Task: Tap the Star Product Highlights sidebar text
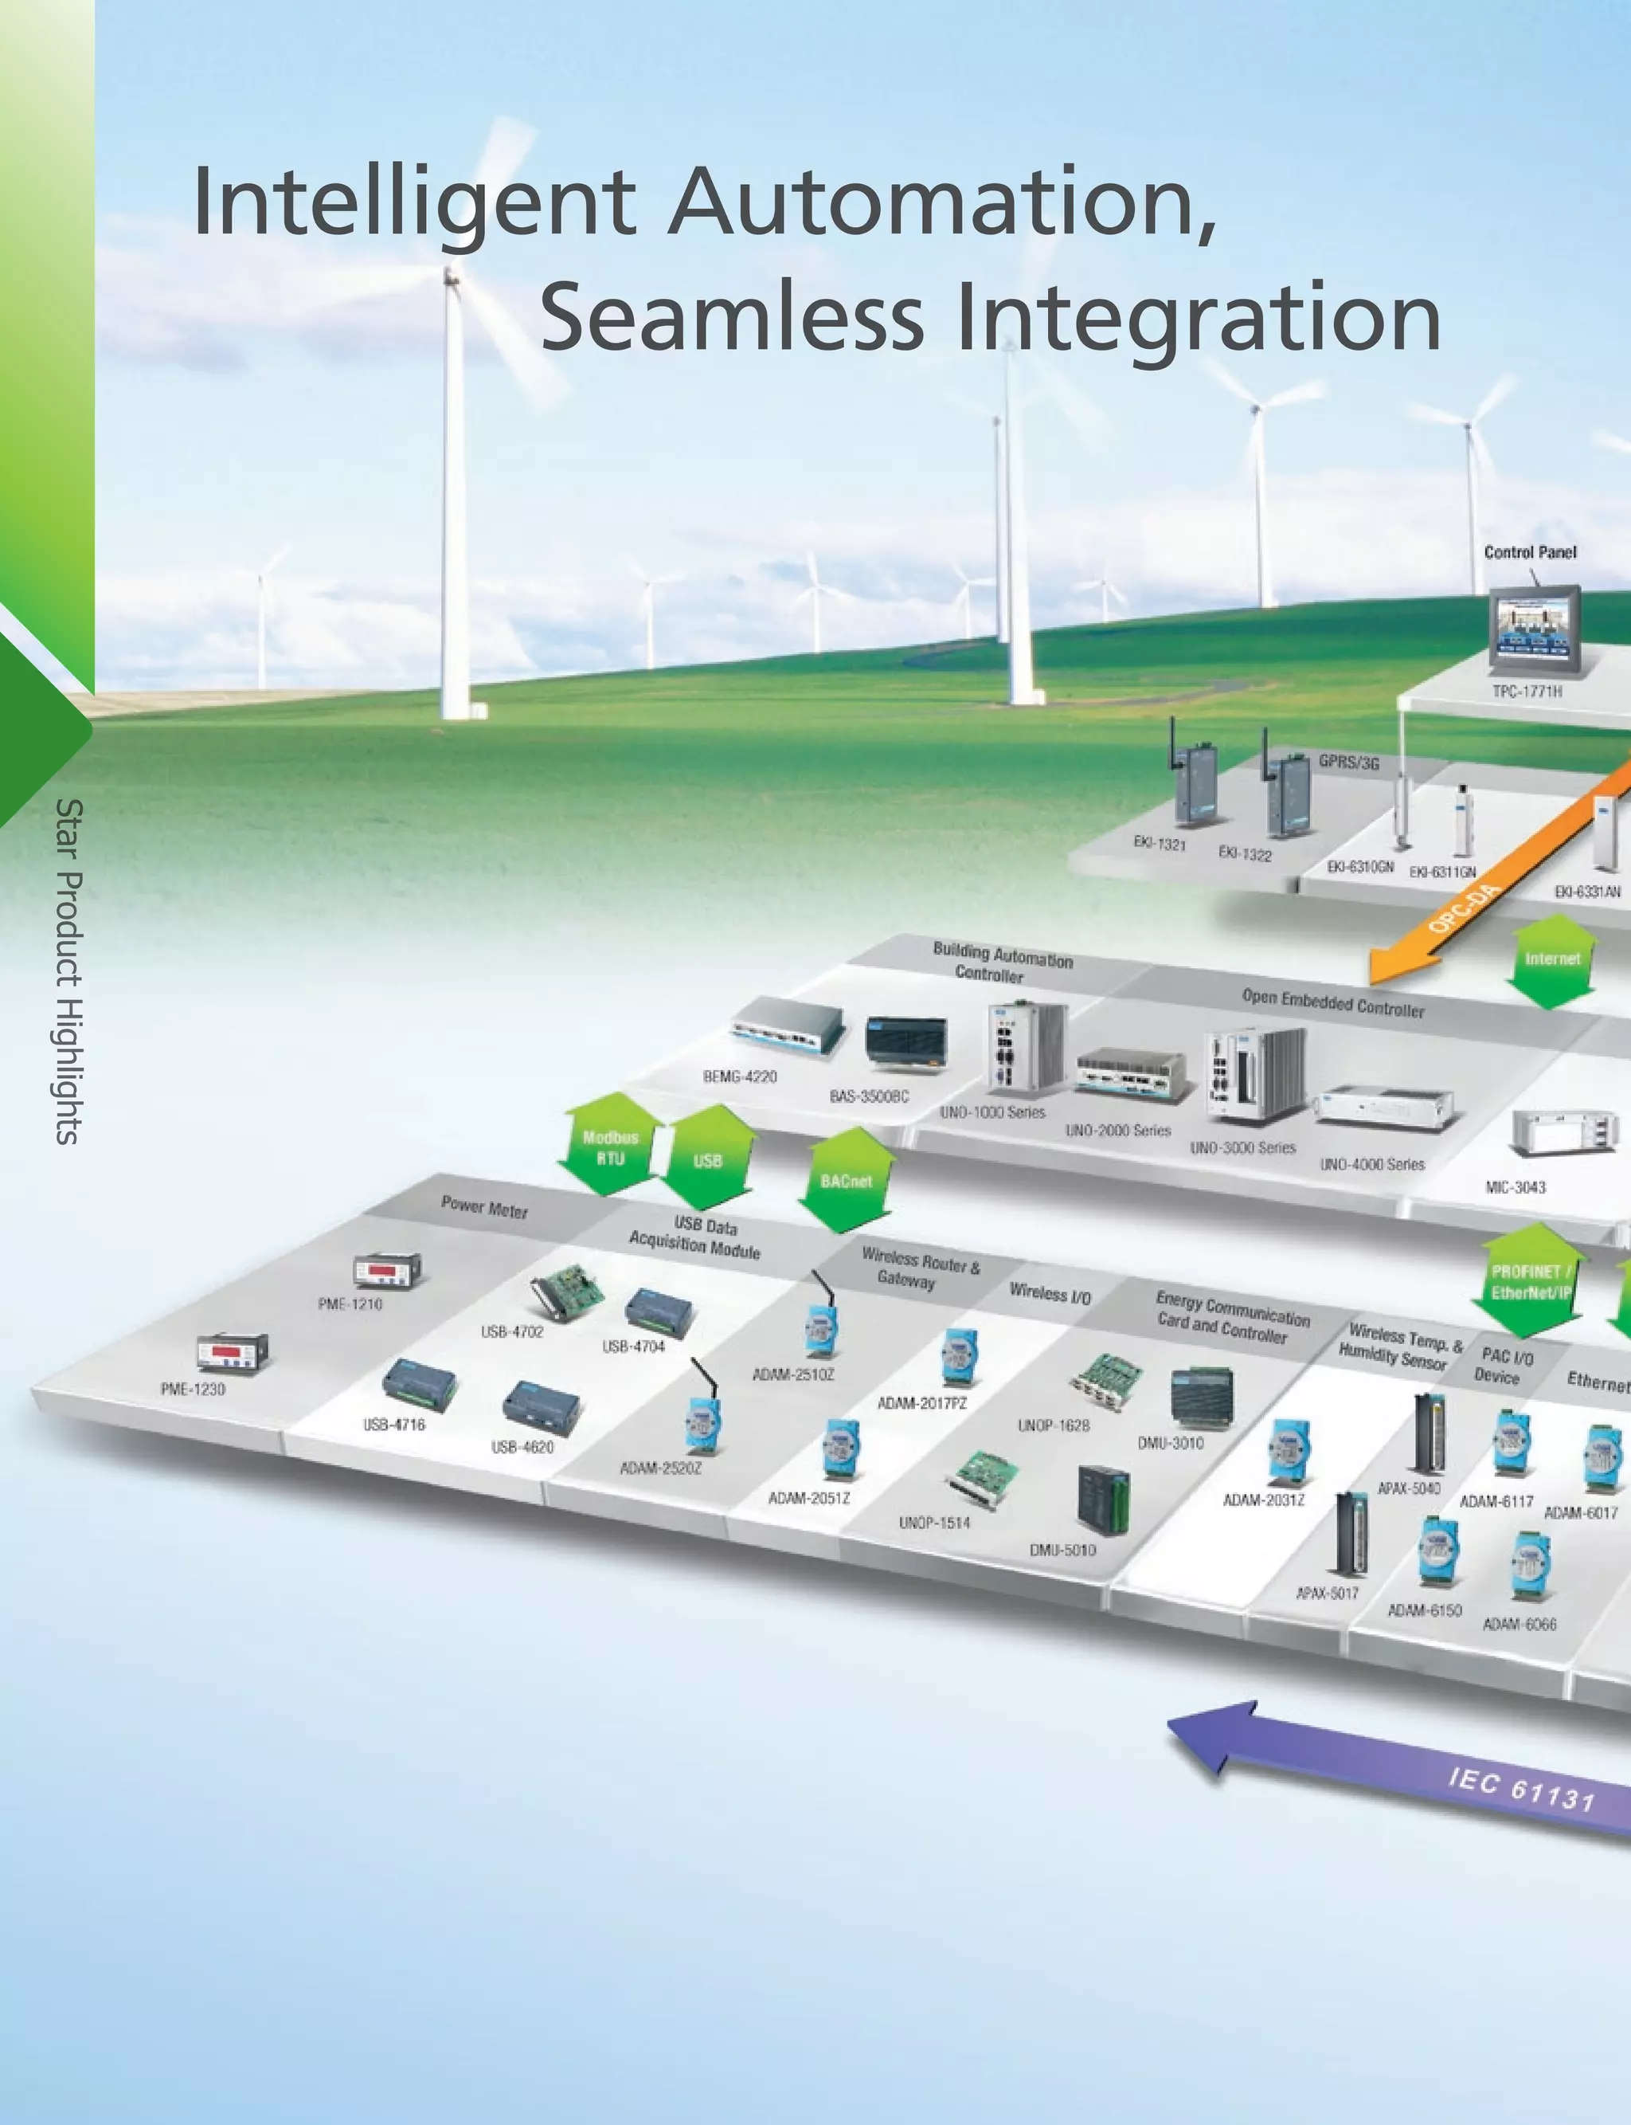pos(68,970)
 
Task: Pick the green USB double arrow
pos(708,1159)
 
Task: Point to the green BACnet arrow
pos(846,1180)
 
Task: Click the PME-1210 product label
pos(350,1304)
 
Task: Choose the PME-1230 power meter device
pos(231,1352)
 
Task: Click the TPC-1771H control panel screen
pos(1534,629)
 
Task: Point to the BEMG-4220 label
pos(740,1076)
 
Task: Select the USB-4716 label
pos(394,1424)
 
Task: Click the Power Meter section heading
pos(484,1207)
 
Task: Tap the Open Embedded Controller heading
pos(1333,1002)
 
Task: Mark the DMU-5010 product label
pos(1062,1550)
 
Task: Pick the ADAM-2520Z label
pos(660,1468)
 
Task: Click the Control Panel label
pos(1530,551)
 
